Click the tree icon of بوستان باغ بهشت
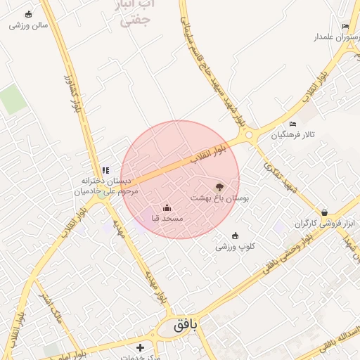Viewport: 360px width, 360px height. [x=219, y=187]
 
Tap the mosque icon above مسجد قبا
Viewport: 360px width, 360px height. [x=167, y=207]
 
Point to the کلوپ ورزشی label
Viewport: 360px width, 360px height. [x=235, y=247]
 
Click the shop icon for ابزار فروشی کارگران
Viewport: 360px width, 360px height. [x=324, y=212]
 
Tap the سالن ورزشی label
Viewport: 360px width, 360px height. [x=29, y=25]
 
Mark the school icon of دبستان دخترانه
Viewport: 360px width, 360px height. [x=106, y=170]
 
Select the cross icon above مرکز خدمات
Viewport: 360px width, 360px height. [x=140, y=347]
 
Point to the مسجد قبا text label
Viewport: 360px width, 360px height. [x=167, y=219]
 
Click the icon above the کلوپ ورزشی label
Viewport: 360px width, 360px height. [x=235, y=236]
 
